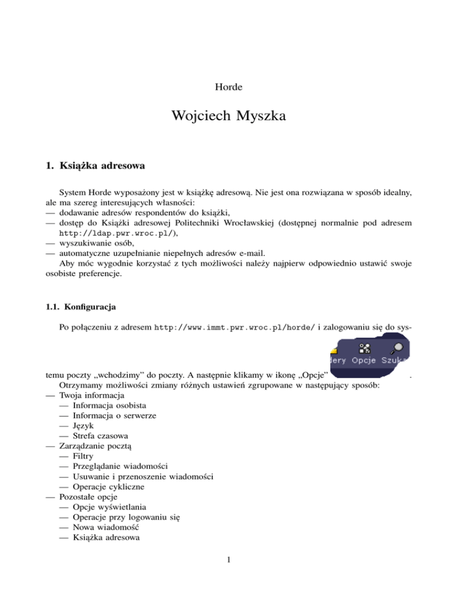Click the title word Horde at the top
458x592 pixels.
228,87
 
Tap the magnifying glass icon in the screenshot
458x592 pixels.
397,350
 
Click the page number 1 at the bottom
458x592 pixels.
228,574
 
